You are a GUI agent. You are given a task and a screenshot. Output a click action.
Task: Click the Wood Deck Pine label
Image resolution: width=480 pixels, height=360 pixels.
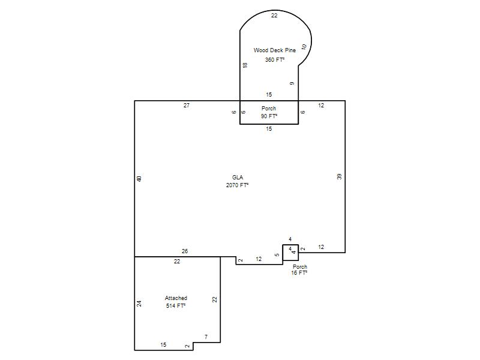[x=275, y=50]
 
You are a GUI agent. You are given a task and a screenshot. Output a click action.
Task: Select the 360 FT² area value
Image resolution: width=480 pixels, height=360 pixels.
[x=275, y=59]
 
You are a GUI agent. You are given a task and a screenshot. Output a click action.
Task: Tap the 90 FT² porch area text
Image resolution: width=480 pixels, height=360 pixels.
[x=269, y=116]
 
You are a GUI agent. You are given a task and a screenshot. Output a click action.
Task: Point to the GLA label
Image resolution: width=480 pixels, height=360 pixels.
[x=238, y=177]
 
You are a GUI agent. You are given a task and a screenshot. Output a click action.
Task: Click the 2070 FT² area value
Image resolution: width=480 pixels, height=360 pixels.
[x=237, y=185]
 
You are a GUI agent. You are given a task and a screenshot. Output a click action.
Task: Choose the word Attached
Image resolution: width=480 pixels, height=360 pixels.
[x=176, y=298]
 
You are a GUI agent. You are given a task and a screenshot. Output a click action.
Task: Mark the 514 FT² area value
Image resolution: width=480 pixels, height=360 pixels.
[x=176, y=305]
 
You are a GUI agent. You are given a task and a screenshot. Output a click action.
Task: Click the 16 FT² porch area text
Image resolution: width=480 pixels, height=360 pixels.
[x=299, y=273]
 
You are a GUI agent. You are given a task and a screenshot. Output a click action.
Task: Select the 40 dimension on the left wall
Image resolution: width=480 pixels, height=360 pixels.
[x=139, y=179]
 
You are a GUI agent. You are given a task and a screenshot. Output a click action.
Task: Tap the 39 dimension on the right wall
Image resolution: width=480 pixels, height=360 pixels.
[x=339, y=176]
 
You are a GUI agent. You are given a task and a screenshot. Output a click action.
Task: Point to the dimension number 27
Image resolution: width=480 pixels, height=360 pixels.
[x=187, y=106]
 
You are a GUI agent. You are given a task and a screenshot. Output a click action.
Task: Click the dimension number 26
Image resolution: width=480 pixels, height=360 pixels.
[x=185, y=251]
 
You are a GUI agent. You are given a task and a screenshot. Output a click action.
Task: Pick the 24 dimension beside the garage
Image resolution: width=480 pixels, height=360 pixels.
[x=139, y=304]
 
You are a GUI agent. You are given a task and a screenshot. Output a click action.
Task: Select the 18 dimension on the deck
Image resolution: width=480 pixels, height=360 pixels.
[x=245, y=65]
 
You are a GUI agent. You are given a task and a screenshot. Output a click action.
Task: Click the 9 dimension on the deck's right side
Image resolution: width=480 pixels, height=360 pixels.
[x=292, y=83]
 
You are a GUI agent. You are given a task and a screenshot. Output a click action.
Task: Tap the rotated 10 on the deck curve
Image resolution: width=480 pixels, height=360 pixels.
[x=304, y=47]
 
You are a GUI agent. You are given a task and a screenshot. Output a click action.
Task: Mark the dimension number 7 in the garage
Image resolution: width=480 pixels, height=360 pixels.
[x=206, y=337]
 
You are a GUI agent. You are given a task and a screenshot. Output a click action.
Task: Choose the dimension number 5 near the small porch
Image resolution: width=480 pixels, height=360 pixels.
[x=277, y=254]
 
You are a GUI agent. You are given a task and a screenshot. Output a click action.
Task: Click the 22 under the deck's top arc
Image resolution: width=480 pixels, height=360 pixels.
[x=274, y=16]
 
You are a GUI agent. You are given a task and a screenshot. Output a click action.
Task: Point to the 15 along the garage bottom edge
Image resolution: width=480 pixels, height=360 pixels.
[x=163, y=344]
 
